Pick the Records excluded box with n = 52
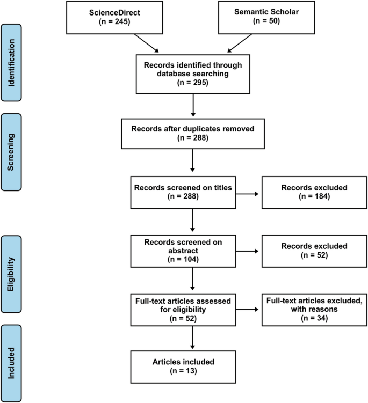(x=309, y=250)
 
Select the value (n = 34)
(x=309, y=318)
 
